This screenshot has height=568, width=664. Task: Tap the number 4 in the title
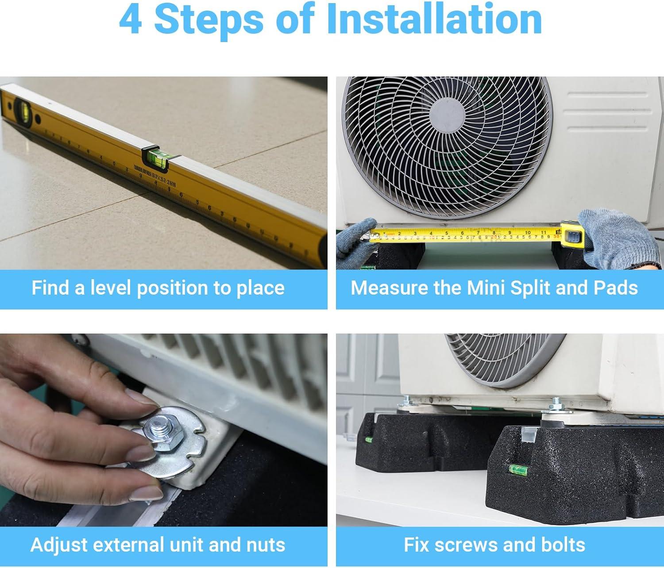tap(131, 19)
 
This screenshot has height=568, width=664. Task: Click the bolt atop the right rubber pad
tap(555, 403)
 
